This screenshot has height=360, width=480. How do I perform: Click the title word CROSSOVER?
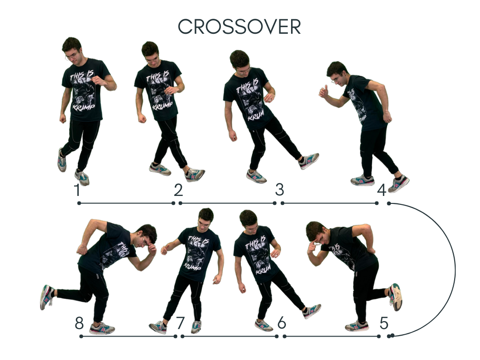(240, 27)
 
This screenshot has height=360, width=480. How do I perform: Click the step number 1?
(77, 190)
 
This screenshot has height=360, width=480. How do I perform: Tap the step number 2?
(178, 190)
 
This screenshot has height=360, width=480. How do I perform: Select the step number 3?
(279, 190)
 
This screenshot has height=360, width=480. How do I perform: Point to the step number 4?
(382, 190)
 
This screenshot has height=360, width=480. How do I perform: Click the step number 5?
(384, 323)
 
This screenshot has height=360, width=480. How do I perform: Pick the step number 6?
(282, 323)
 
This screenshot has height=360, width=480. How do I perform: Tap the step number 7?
(180, 323)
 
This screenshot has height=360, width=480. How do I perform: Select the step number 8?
(79, 323)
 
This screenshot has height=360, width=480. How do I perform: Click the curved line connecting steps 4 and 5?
(455, 270)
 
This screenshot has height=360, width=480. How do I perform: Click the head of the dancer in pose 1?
(72, 49)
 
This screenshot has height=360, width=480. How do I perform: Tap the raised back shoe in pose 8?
(46, 297)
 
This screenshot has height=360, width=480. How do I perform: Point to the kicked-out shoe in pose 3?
(309, 161)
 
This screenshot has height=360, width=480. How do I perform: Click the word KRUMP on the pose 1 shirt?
(83, 107)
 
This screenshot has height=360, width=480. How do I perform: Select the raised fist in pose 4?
(323, 92)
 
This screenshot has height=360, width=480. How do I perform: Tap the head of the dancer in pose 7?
(205, 218)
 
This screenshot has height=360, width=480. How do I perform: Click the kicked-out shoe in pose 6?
(312, 311)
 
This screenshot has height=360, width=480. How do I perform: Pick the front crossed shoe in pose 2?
(195, 175)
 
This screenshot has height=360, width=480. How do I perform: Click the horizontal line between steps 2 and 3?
(227, 203)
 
